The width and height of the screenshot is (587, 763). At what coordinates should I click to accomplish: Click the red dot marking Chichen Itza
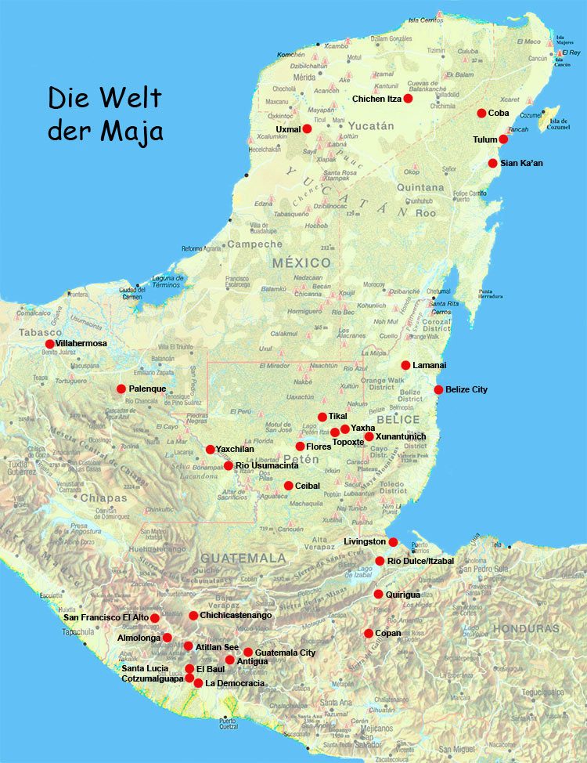click(x=408, y=99)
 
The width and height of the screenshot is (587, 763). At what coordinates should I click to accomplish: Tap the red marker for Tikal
click(x=322, y=417)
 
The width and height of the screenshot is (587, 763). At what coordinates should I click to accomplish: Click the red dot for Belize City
click(x=438, y=389)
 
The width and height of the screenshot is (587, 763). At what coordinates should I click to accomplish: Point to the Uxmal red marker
click(x=307, y=128)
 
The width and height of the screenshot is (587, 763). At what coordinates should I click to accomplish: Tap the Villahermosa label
click(x=81, y=343)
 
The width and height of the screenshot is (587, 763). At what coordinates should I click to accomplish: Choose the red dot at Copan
click(x=368, y=633)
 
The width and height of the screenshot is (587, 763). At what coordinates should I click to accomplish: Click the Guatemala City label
click(x=285, y=652)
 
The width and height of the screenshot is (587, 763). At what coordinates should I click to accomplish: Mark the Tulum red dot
click(x=503, y=139)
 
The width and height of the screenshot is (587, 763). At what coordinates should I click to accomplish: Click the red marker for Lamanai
click(x=405, y=365)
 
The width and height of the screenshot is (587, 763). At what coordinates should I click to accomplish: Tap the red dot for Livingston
click(x=393, y=541)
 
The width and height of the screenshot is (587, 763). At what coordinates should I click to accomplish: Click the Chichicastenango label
click(x=236, y=615)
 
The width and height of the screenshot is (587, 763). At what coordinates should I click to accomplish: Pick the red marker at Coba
click(x=481, y=113)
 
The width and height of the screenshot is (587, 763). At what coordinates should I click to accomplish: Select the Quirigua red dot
click(x=378, y=594)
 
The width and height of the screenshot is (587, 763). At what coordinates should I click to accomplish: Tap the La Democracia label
click(x=235, y=683)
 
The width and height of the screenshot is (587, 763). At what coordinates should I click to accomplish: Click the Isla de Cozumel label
click(x=557, y=124)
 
